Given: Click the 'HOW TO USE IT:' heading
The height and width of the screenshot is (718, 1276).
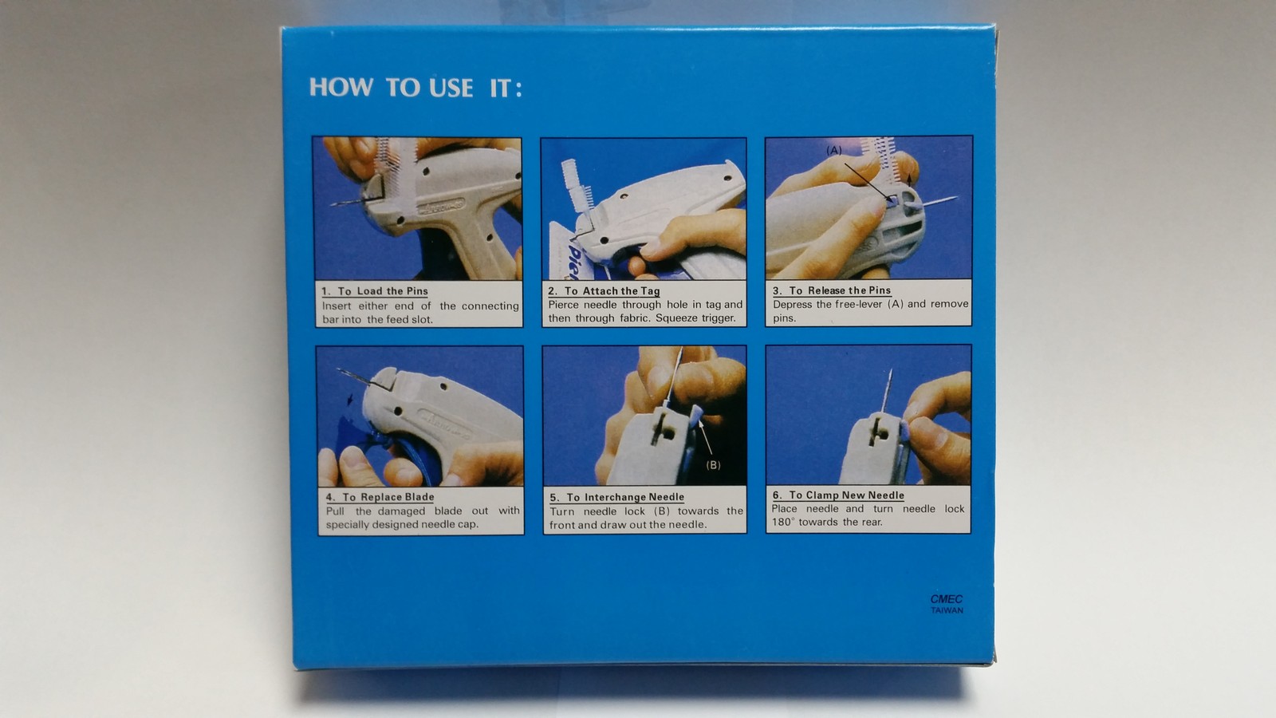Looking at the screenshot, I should coord(415,88).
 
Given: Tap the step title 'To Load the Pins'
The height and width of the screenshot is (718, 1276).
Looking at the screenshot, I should coord(382,291).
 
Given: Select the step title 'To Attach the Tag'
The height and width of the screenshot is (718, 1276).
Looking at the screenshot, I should coord(612,291).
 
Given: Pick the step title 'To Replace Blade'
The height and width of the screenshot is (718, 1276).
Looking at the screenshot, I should coord(388,497).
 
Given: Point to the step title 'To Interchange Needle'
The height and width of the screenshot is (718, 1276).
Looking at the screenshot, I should coord(624,497).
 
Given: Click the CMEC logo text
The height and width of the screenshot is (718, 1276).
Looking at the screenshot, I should coord(947,599).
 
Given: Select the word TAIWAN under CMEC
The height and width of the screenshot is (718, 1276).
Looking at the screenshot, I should coord(947,611).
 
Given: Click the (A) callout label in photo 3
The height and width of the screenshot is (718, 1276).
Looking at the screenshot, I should coord(833,151).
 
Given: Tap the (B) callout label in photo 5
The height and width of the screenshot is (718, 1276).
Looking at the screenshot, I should coord(713,465).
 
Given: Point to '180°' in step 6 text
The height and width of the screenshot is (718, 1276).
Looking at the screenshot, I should coord(782,523).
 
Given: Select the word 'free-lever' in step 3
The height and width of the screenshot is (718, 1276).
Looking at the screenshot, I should coord(858,305).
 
